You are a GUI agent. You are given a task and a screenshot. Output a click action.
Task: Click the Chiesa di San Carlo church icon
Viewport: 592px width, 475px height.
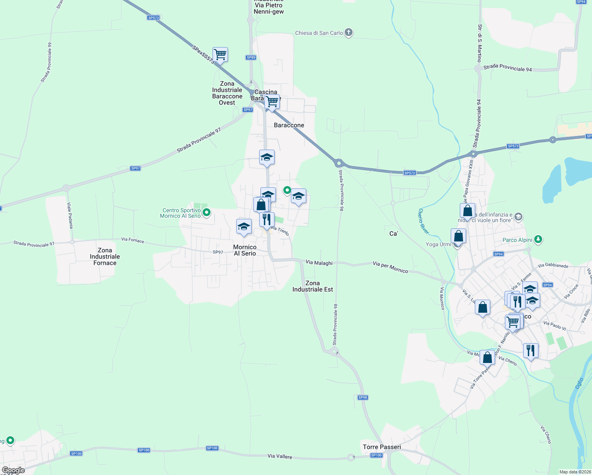coord(349,32)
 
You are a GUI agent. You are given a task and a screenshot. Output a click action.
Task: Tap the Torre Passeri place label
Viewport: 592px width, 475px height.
coord(382,447)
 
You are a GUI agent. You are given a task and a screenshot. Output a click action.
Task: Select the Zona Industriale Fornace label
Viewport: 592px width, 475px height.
coord(105,256)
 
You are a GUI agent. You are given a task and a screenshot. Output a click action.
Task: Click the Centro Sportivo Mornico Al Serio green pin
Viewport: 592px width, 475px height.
coord(207,213)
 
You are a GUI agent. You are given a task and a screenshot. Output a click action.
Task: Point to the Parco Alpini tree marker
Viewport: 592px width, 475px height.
coord(538,239)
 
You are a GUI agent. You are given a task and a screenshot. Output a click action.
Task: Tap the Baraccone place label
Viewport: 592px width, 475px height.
coord(289,125)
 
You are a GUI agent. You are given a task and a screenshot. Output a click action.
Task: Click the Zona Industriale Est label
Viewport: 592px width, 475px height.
coord(313,286)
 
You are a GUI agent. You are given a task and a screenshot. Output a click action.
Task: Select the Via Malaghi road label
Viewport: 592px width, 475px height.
coord(319,262)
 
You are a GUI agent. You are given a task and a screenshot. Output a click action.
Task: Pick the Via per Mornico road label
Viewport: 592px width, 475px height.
coord(390,267)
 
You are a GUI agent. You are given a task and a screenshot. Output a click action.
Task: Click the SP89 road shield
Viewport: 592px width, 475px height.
coord(251,57)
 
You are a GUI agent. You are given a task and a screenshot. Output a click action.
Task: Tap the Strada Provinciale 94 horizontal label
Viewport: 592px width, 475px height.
coord(508,68)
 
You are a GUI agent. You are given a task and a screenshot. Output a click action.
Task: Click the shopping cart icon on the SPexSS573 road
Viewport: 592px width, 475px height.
coord(220,54)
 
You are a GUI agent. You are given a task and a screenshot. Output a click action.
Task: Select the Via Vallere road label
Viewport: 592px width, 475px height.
coord(280,456)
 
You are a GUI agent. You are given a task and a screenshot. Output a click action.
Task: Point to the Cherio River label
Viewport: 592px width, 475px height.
coord(423,221)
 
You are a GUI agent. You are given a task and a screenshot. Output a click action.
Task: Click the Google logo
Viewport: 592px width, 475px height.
coord(13,470)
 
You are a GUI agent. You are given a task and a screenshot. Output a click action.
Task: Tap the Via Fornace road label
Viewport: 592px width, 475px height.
coord(133,240)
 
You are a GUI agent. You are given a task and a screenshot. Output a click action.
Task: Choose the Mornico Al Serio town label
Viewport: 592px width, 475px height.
coord(245,250)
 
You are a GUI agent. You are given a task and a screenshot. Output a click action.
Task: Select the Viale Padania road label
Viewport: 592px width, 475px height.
coord(70,215)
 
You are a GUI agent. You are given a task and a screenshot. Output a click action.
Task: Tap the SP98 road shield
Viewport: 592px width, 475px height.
coord(362,397)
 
